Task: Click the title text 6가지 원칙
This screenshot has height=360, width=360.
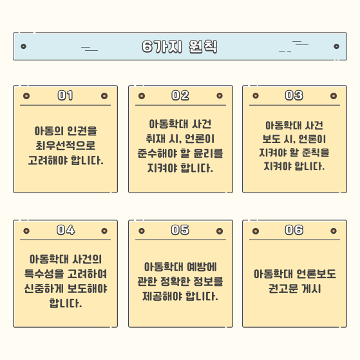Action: (x=180, y=46)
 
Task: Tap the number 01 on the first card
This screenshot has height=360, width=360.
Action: (x=66, y=95)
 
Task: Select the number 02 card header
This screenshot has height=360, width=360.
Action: (x=180, y=95)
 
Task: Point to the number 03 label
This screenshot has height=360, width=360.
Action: (x=294, y=95)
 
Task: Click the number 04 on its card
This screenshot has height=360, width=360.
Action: (x=66, y=230)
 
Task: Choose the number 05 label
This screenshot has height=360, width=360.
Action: (x=180, y=230)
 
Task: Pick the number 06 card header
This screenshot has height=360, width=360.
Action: (x=294, y=230)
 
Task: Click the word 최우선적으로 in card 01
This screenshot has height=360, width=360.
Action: (x=66, y=146)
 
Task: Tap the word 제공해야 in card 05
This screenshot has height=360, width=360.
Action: (x=161, y=296)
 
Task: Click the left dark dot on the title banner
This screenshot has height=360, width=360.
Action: (x=23, y=46)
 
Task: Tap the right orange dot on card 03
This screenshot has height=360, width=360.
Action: (x=334, y=96)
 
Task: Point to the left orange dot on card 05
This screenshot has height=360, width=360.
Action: (x=142, y=231)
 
